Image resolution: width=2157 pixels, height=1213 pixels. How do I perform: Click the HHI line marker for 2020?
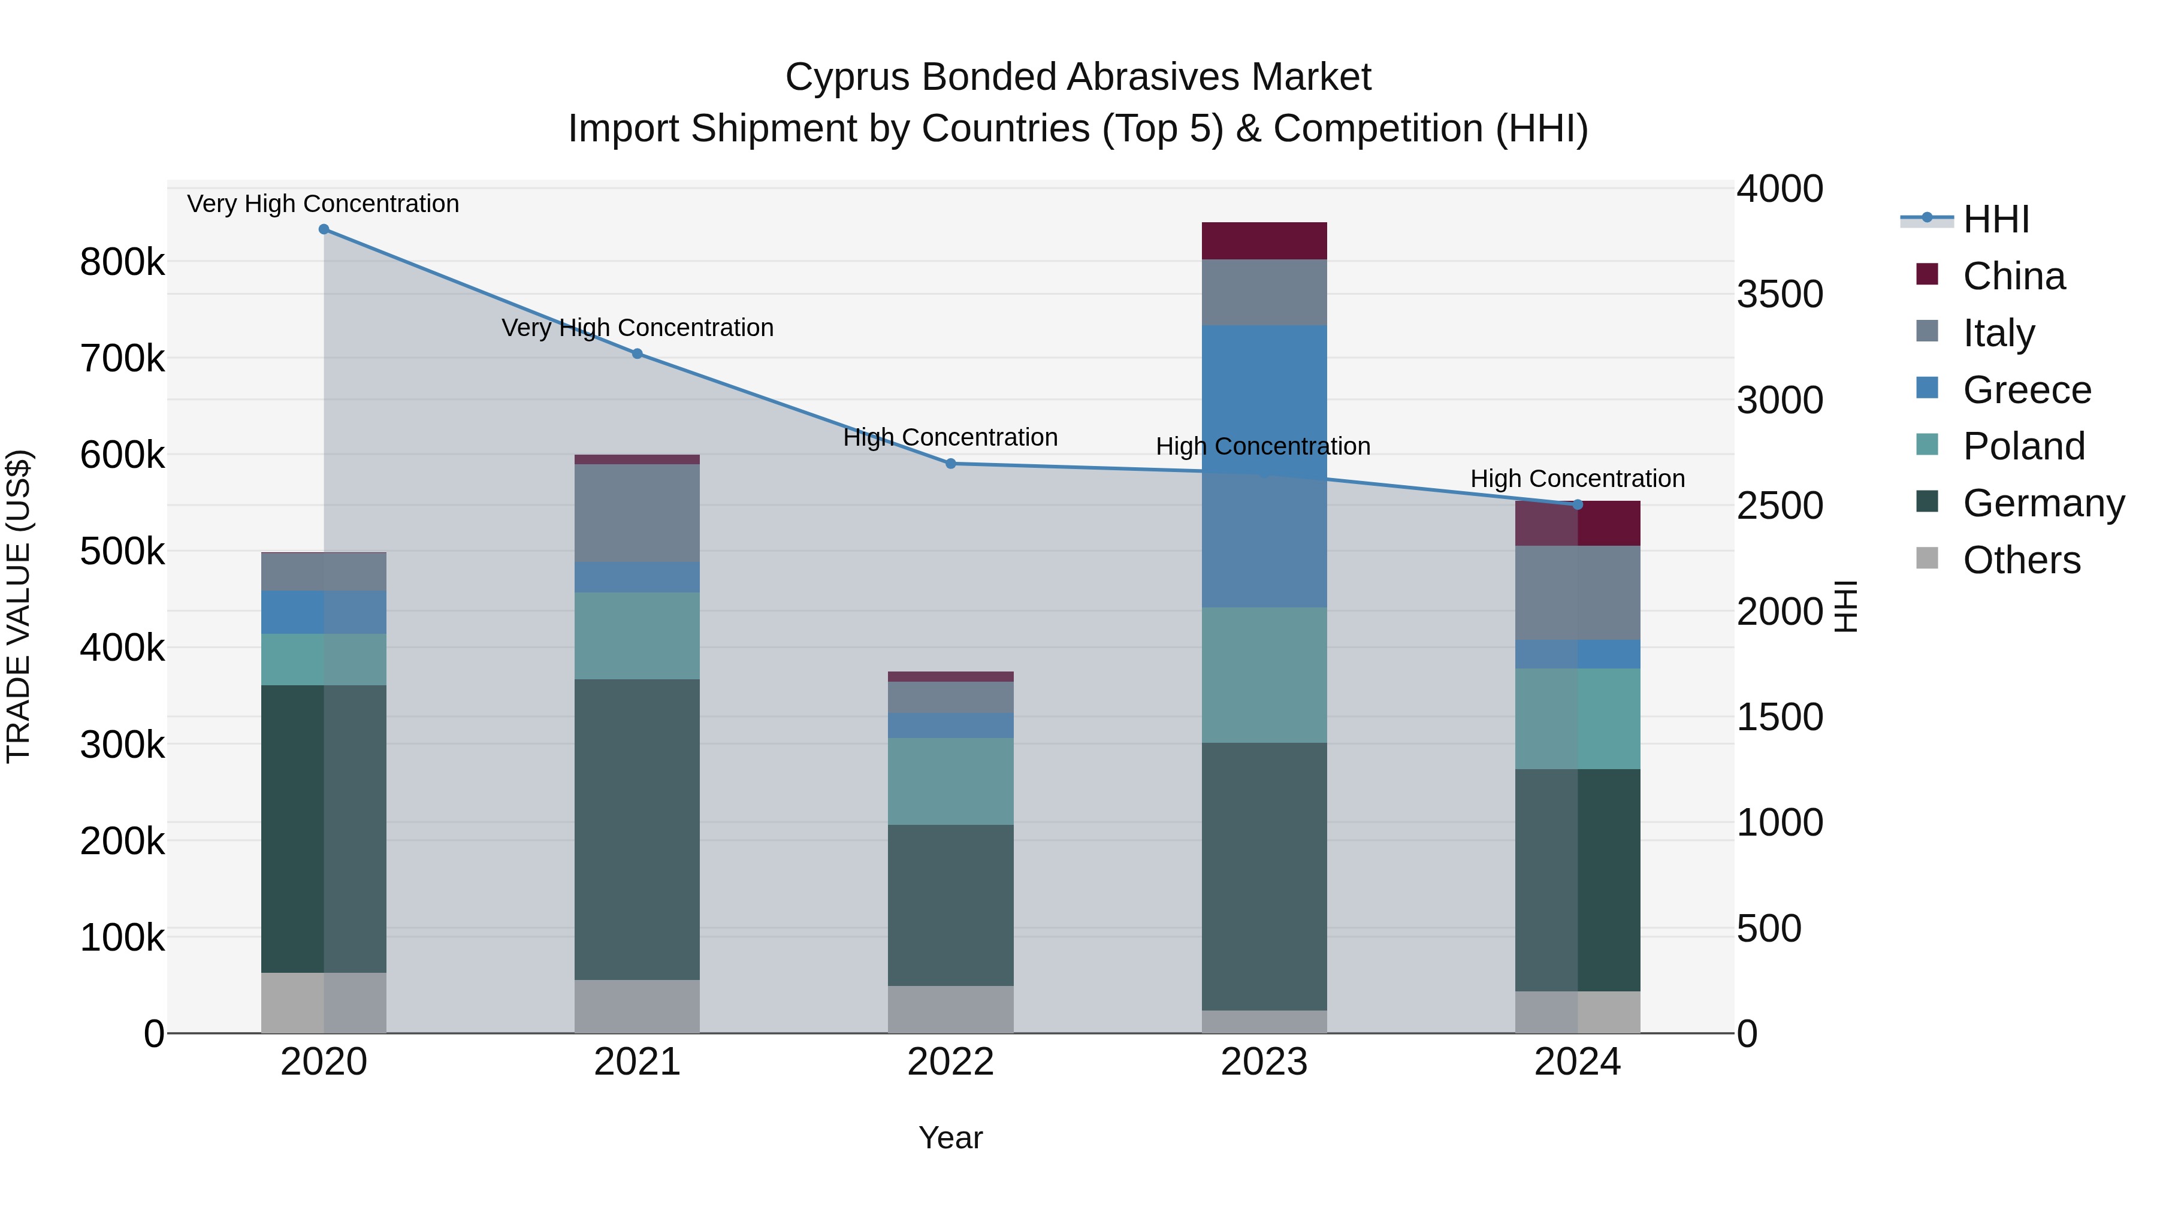point(324,229)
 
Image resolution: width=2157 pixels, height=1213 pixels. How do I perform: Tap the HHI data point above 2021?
point(638,353)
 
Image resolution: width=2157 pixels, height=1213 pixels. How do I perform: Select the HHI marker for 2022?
point(950,463)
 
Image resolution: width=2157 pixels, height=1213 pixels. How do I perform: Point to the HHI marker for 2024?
point(1578,504)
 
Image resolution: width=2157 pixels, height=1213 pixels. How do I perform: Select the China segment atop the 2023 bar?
point(1264,240)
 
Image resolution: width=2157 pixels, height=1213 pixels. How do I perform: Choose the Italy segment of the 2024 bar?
point(1578,592)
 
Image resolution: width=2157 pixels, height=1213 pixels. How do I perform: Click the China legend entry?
point(2013,276)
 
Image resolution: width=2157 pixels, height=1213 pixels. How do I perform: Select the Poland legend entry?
point(2023,446)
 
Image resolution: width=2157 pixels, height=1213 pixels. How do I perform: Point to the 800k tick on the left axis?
point(122,262)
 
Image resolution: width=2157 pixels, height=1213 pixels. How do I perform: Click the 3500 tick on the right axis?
point(1780,294)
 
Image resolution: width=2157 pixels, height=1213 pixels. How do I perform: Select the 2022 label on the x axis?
point(950,1062)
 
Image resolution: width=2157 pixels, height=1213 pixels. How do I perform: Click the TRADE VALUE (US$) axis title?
point(19,606)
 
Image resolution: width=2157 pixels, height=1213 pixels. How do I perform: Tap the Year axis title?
point(950,1138)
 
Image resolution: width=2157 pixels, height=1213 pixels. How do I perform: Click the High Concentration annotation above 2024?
point(1578,479)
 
